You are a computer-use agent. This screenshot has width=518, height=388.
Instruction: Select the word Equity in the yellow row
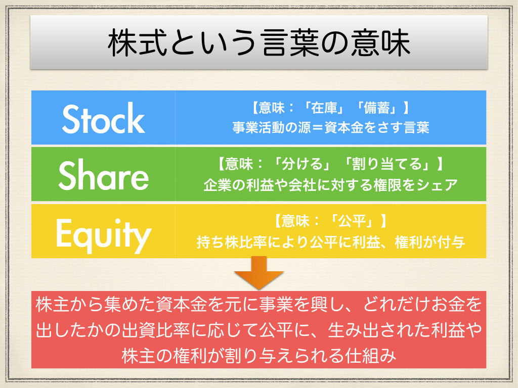(x=104, y=233)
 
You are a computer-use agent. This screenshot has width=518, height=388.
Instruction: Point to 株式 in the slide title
(x=132, y=44)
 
